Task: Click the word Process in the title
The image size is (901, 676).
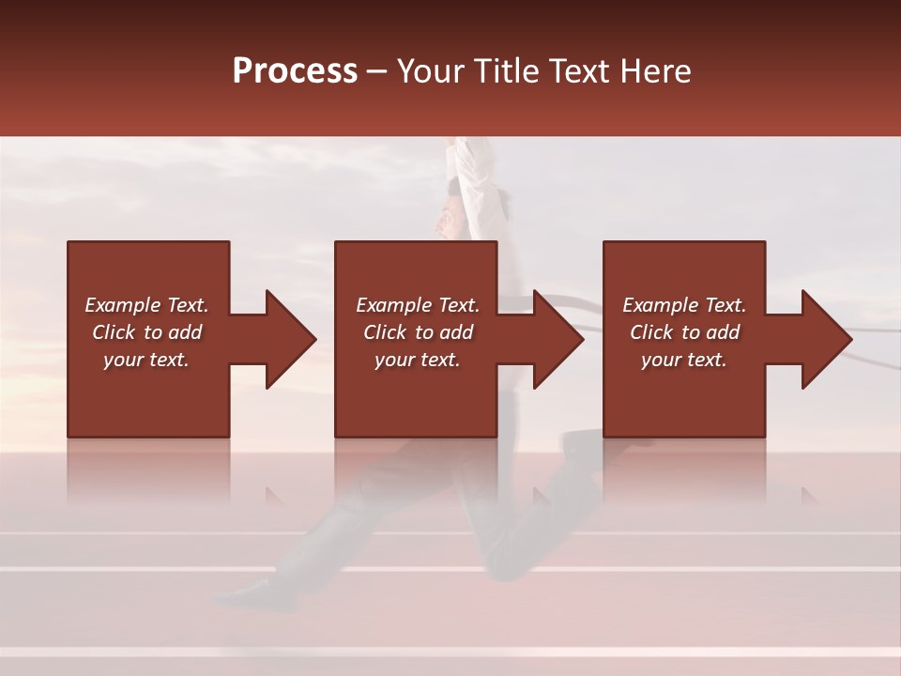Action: coord(295,71)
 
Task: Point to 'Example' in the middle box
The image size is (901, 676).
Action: coord(393,305)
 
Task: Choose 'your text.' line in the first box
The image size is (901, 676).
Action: coord(146,360)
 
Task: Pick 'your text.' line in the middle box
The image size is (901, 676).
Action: coord(418,360)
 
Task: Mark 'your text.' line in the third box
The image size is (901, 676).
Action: coord(684,360)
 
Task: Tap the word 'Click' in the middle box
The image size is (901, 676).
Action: coord(384,332)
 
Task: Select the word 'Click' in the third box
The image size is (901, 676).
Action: coord(650,332)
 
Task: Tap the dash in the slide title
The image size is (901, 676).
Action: coord(376,71)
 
